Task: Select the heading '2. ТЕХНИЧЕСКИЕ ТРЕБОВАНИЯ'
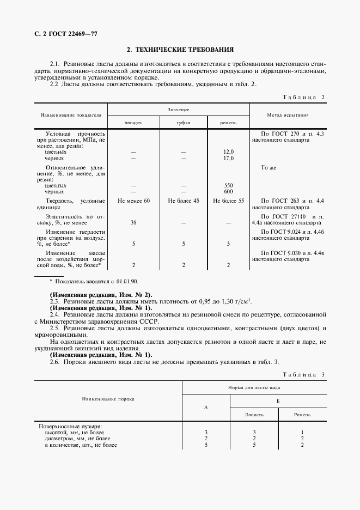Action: pos(180,49)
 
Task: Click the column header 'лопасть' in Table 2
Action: pos(133,123)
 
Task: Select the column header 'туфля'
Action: pos(183,123)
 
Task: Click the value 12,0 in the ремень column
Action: pos(228,152)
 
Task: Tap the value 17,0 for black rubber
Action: pos(228,158)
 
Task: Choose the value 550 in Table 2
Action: pos(228,185)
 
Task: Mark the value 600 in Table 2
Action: pos(228,192)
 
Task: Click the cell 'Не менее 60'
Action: pos(133,201)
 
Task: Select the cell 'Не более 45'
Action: pos(183,201)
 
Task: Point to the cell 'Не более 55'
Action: pos(228,201)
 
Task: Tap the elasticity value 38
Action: pos(133,222)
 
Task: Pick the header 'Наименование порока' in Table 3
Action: pos(108,399)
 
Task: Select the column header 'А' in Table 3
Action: pos(205,406)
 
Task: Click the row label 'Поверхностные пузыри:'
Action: pos(70,426)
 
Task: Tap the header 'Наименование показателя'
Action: pos(70,116)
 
